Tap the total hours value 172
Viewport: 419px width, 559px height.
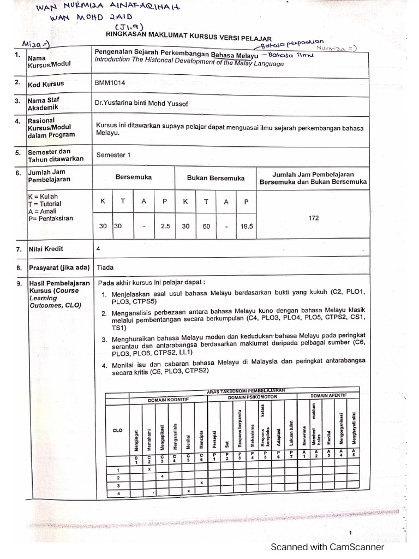tap(313, 217)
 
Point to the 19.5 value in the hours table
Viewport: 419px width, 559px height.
tap(247, 226)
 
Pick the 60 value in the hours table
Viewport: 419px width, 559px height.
tap(206, 226)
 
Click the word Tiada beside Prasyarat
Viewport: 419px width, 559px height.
tap(105, 267)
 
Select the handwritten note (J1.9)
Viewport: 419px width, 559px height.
tap(127, 27)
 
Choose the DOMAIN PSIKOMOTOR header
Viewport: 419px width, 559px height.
tap(253, 397)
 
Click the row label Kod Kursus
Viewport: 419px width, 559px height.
tap(46, 84)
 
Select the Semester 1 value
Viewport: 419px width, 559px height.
tap(113, 154)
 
